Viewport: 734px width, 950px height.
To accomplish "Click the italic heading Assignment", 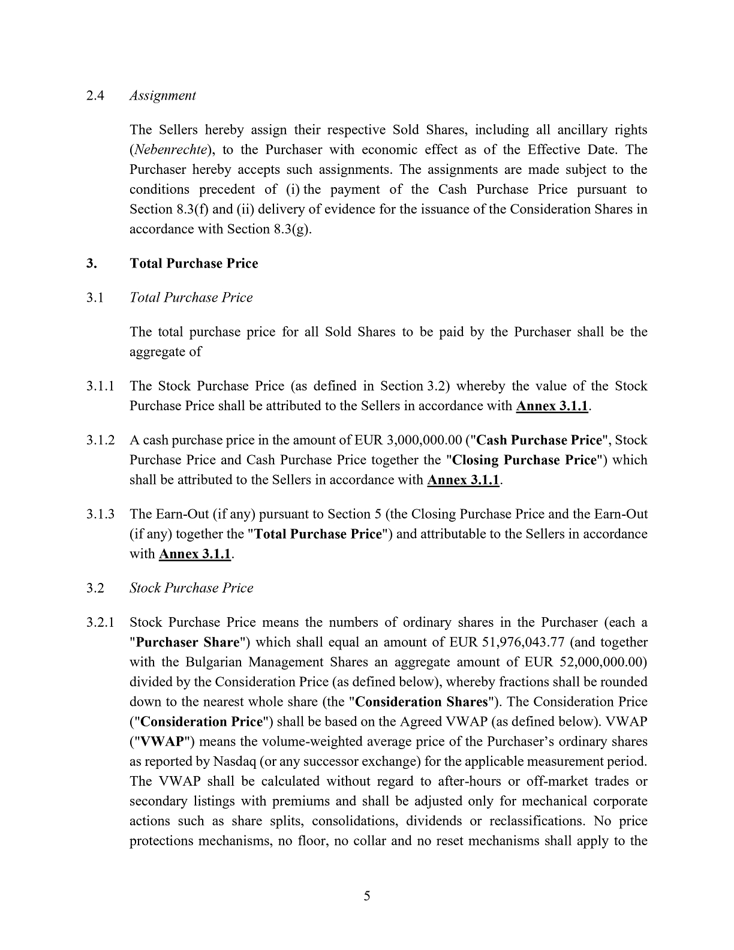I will (x=163, y=95).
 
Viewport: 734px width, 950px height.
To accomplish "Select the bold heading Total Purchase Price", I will (x=194, y=264).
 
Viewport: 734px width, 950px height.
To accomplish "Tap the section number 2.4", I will (x=95, y=95).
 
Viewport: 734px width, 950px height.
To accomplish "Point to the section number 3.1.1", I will (x=100, y=386).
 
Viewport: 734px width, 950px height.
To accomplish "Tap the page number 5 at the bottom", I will (x=367, y=896).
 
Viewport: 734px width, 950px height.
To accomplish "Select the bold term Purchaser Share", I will (x=188, y=642).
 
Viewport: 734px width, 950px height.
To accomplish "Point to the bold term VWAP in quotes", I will (x=161, y=741).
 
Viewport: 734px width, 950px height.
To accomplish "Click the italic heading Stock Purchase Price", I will (x=191, y=588).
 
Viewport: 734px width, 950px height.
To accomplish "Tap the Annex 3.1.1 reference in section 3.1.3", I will (x=195, y=554).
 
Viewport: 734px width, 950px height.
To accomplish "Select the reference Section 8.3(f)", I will (x=169, y=209).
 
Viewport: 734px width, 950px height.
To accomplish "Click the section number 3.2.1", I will (x=100, y=623).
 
